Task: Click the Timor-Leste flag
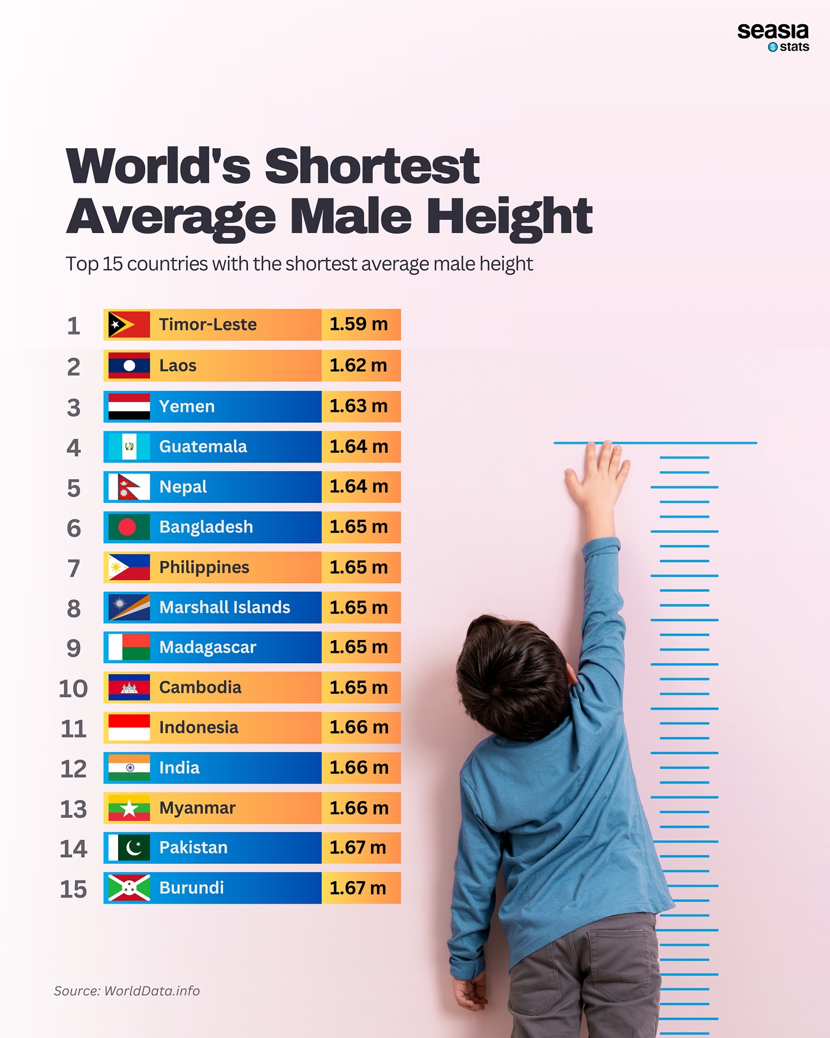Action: tap(129, 325)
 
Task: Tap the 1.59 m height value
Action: tap(359, 324)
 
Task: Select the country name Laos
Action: tap(178, 366)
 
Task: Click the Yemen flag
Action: tap(129, 407)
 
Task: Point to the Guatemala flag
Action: tap(129, 447)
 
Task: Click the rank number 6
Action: tap(74, 528)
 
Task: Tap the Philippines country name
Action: tap(204, 567)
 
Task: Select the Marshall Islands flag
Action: tap(129, 608)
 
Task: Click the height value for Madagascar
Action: tap(359, 647)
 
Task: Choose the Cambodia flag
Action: tap(129, 687)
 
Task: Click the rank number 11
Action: tap(74, 729)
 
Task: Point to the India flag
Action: tap(129, 768)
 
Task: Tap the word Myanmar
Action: tap(197, 808)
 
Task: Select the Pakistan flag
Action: tap(129, 848)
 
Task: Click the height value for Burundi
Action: tap(358, 888)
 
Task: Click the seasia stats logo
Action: tap(773, 37)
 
